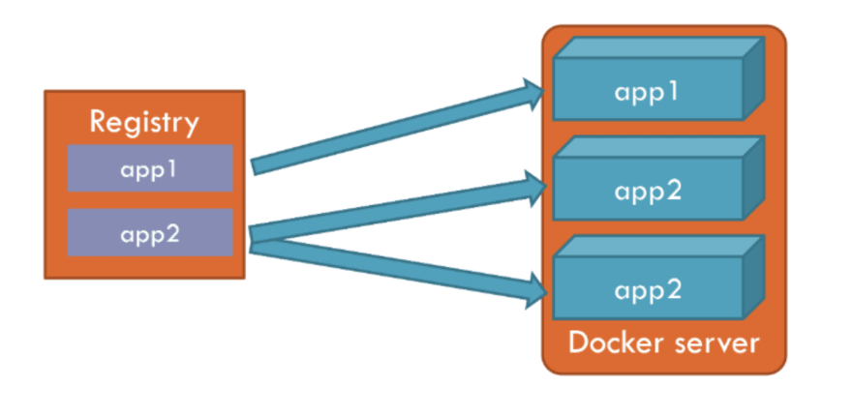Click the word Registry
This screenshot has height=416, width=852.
coord(144,123)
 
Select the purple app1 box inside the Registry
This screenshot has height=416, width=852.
coord(150,168)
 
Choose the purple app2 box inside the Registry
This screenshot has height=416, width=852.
coord(150,232)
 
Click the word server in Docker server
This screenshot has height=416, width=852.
coord(716,344)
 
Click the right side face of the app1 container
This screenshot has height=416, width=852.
coord(754,78)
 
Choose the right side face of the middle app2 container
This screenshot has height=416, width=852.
coord(754,178)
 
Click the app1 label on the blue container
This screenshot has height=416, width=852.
coord(647,93)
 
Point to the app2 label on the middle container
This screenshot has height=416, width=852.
coord(648,193)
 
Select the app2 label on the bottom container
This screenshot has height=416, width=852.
coord(648,291)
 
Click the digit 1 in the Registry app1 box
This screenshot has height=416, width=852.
coord(172,168)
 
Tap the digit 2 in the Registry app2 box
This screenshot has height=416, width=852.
coord(172,233)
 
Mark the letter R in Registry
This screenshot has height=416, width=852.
coord(98,121)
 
